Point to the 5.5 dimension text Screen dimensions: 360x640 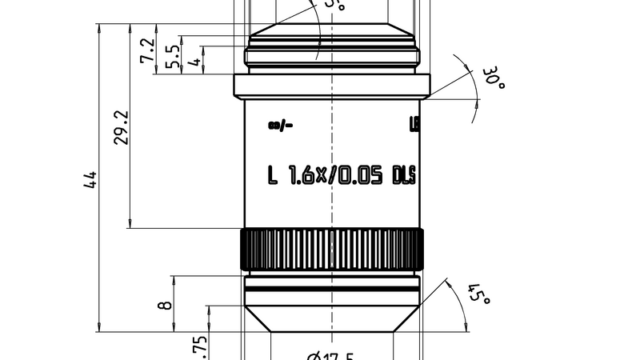pos(170,57)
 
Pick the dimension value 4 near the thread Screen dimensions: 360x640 pos(193,61)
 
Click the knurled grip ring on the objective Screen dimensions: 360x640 pos(331,249)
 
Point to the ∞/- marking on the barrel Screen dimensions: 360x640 pos(282,124)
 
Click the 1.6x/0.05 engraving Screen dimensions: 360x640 pos(334,175)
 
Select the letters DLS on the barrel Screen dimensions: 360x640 pos(404,175)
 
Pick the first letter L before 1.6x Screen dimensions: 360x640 pos(273,175)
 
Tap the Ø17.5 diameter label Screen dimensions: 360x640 pos(331,355)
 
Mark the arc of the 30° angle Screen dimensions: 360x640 pos(474,88)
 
